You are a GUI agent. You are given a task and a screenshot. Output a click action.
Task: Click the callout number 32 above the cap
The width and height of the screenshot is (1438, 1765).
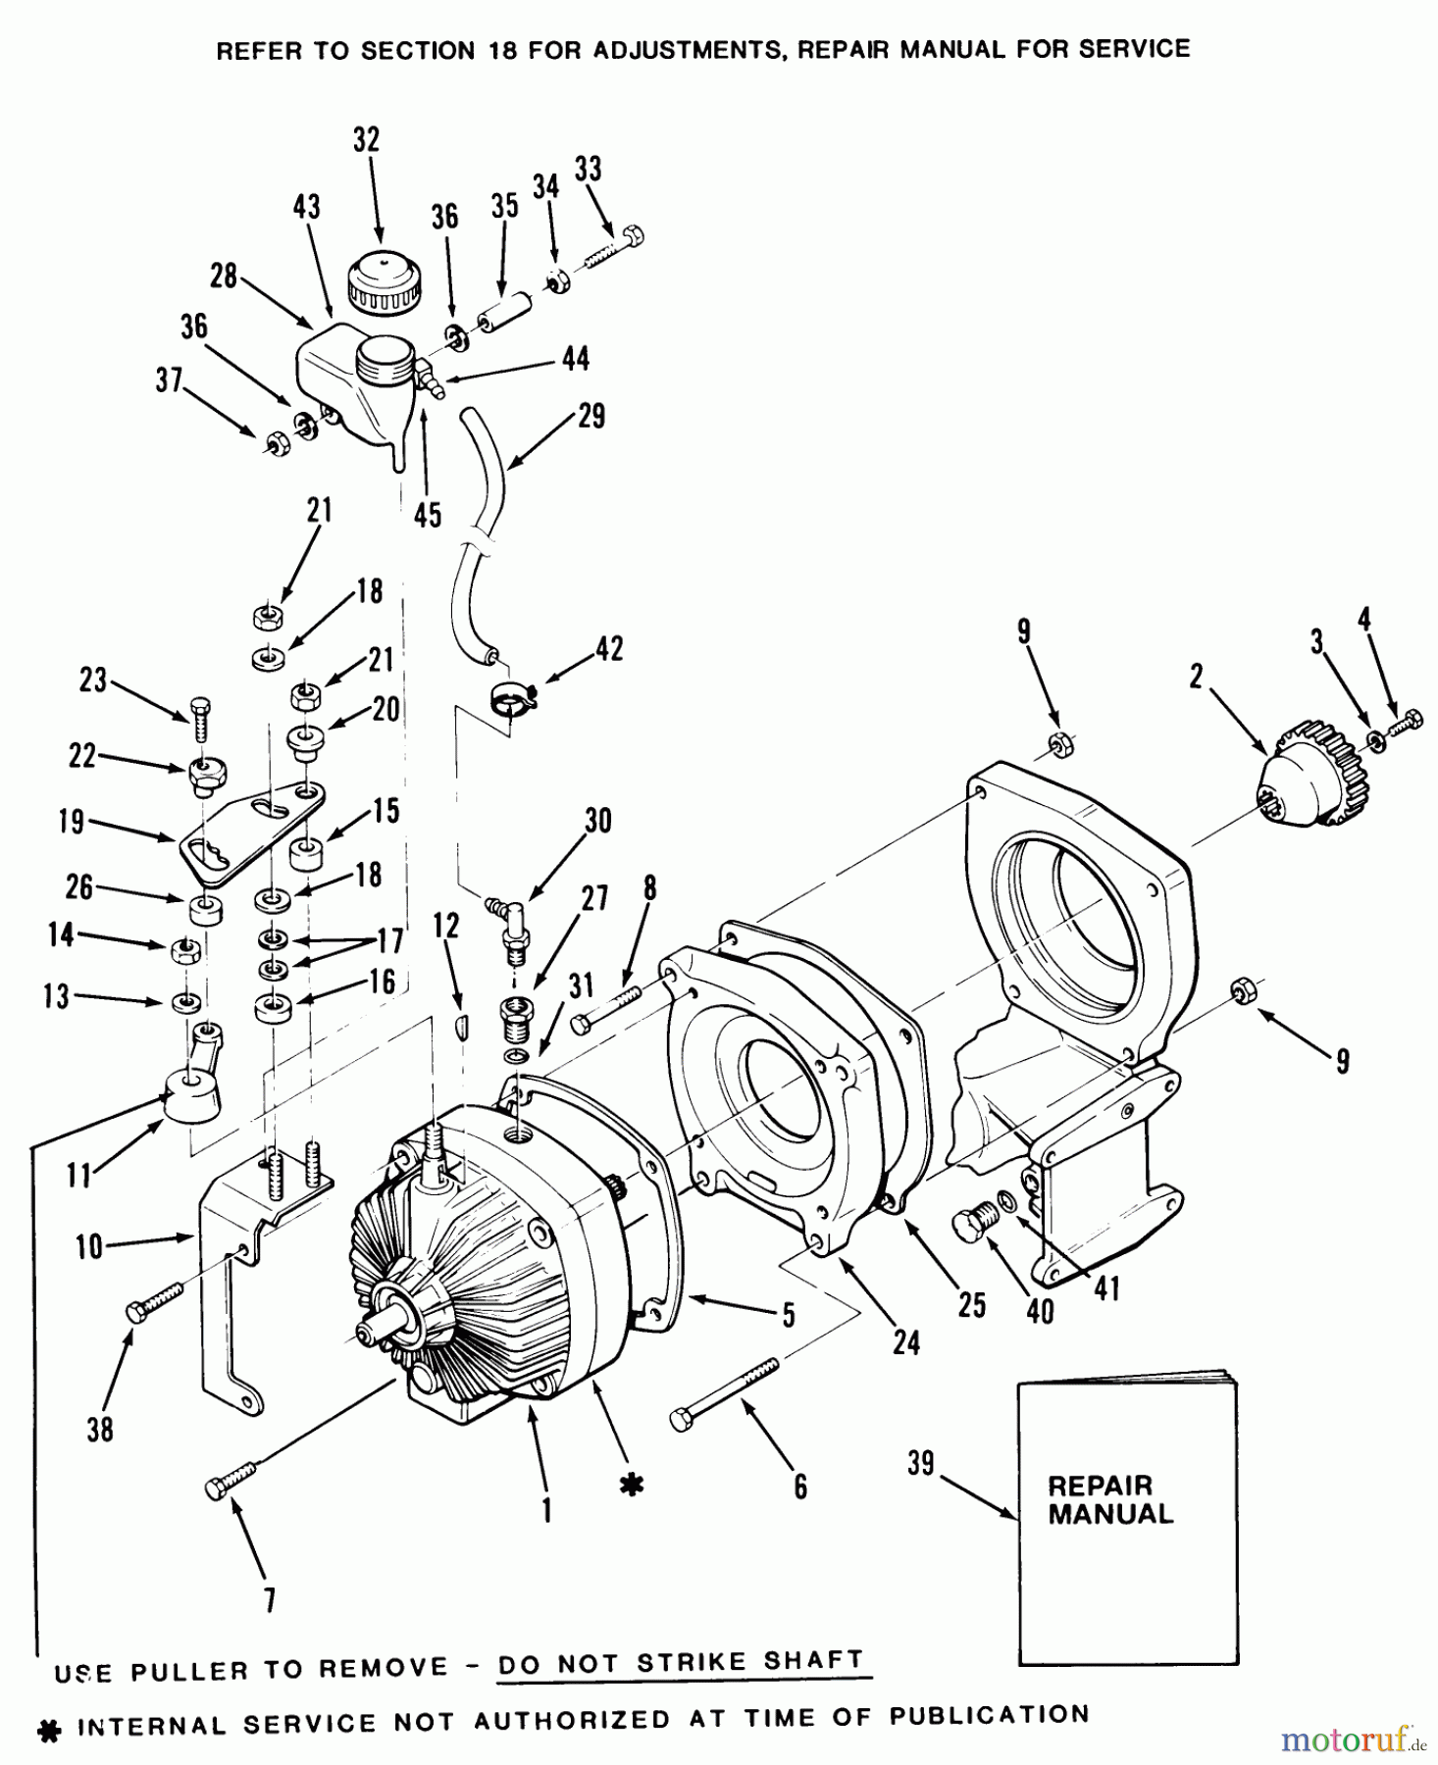click(x=366, y=140)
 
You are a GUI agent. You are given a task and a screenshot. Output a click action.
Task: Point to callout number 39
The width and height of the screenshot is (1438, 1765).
click(x=920, y=1464)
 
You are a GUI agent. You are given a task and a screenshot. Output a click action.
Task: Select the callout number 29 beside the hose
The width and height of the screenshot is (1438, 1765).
click(x=591, y=416)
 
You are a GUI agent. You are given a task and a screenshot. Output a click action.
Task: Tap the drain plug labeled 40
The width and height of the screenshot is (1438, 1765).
click(x=975, y=1226)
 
